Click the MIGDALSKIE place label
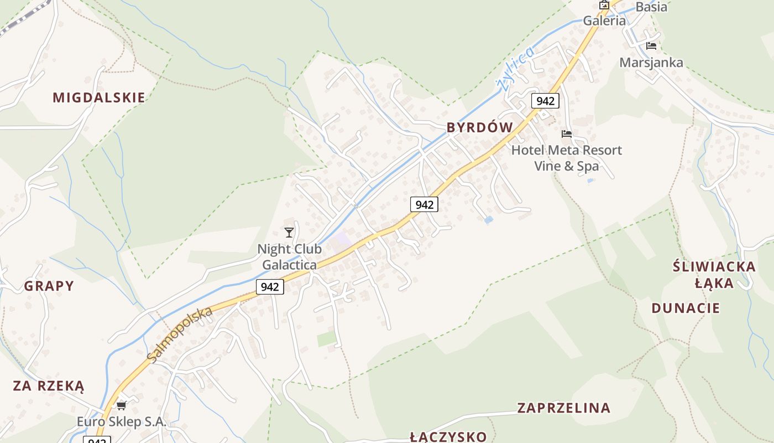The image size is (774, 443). click(99, 97)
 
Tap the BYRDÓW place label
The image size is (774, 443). click(480, 127)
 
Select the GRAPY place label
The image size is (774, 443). click(49, 286)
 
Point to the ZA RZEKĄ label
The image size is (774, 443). click(49, 385)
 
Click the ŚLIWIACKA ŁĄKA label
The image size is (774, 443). click(714, 275)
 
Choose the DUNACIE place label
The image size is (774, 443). click(686, 308)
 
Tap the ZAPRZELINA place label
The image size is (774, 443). click(564, 408)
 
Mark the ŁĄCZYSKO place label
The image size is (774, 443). click(448, 436)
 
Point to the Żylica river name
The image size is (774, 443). click(515, 68)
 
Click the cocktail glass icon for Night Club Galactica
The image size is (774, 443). click(289, 233)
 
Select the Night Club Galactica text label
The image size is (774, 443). click(290, 257)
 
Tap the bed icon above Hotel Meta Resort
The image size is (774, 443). click(566, 134)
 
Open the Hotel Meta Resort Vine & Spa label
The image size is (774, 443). click(566, 158)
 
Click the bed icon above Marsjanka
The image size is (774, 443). click(651, 46)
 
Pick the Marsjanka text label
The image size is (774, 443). click(651, 62)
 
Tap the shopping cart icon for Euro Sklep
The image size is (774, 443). click(122, 405)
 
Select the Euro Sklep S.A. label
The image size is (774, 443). click(122, 421)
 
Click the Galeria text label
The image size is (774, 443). click(605, 21)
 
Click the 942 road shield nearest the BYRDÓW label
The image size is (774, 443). click(545, 101)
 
